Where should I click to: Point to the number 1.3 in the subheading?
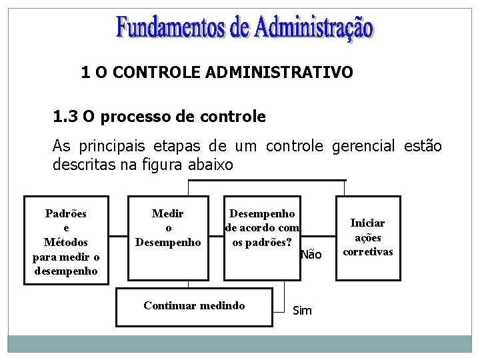coord(64,117)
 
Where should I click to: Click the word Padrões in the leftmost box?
coord(65,214)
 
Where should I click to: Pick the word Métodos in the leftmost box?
coord(65,243)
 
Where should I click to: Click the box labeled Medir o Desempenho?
coord(167,237)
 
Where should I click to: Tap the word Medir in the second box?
coord(167,214)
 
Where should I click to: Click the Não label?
coord(311,255)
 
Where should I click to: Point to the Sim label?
coord(302,311)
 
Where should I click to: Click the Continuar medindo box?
coord(194,307)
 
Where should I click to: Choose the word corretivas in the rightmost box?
coord(368,251)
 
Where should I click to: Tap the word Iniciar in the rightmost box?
coord(368,223)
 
